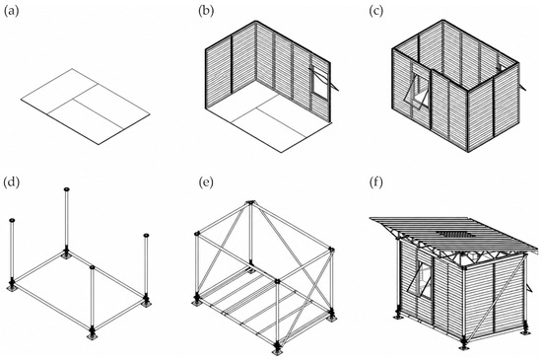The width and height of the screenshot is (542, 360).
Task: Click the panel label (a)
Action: pos(11,11)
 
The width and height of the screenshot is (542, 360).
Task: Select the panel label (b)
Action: pos(206,11)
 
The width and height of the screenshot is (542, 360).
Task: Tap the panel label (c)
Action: pos(376,11)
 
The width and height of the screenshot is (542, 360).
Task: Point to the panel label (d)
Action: pos(11,181)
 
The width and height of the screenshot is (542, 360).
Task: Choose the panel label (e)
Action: pos(206,181)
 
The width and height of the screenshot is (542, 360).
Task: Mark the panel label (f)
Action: pos(376,181)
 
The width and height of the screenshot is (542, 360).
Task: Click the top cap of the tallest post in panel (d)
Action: pos(67,189)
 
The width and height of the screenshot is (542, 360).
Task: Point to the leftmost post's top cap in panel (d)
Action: pos(12,220)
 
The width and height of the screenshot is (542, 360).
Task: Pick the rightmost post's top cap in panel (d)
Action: pos(146,236)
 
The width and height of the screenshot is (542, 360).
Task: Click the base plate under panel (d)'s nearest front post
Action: pos(92,335)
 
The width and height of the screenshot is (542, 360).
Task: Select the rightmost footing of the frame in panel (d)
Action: pos(146,303)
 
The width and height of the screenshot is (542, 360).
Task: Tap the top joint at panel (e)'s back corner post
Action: pos(250,202)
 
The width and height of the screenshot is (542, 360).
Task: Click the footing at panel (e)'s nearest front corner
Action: pos(277,351)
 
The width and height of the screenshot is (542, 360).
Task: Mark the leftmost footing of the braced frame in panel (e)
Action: pos(197,302)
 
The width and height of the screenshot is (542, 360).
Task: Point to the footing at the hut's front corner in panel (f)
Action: pos(464,345)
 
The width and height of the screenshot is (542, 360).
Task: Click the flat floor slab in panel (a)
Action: pos(86,107)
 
